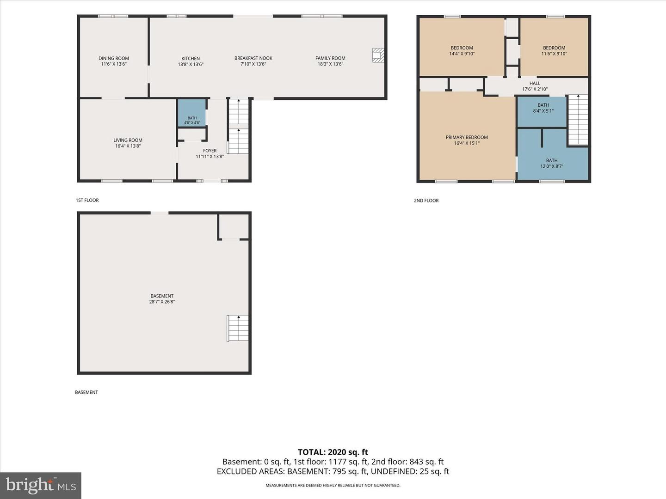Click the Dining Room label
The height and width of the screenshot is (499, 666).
pos(113,58)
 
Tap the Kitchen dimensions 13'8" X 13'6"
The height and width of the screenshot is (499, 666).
pos(191,64)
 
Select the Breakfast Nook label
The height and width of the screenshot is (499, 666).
pos(253,58)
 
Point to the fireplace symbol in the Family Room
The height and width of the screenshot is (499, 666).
pos(378,55)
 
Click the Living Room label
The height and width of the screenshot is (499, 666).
pos(128,140)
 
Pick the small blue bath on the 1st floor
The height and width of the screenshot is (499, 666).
pos(192,112)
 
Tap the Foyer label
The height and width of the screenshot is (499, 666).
pos(210,151)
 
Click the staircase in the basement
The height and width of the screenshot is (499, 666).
pos(238,329)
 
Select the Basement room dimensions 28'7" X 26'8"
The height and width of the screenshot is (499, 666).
pos(162,301)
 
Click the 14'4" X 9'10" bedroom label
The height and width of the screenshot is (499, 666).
pos(462,51)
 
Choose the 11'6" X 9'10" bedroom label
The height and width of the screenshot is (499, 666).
pos(554,51)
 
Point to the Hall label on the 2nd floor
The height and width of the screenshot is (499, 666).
pos(535,83)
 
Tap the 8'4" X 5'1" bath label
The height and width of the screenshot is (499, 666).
pos(543,108)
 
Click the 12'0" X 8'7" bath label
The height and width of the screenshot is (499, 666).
pos(552,163)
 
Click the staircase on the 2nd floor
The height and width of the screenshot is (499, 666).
pos(578,120)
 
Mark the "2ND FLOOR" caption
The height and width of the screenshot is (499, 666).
pos(426,201)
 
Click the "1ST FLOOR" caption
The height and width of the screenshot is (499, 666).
pos(87,200)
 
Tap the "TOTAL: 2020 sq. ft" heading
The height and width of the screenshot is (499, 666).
pos(333,452)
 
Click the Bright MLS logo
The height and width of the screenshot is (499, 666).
pos(41,486)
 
